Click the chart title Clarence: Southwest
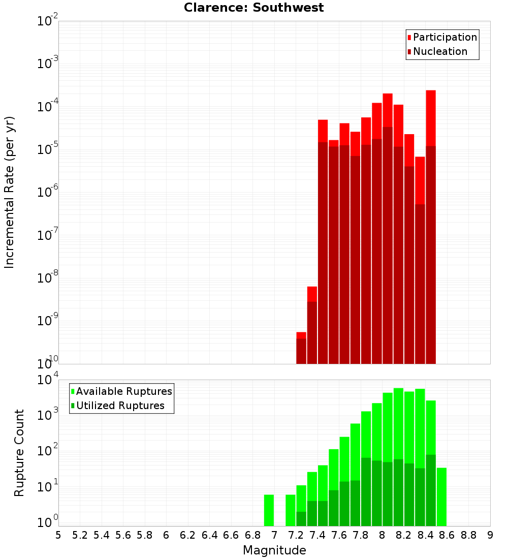pos(253,8)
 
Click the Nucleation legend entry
pos(439,51)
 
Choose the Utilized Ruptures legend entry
pos(120,406)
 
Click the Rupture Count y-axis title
pos(19,452)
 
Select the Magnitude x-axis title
pos(274,550)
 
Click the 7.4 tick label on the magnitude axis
pos(317,535)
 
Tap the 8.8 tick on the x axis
pos(468,535)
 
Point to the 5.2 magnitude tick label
pos(80,535)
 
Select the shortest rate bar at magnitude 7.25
pos(301,348)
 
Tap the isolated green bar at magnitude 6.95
pos(269,510)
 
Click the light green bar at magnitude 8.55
pos(441,497)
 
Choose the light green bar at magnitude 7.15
pos(291,510)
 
